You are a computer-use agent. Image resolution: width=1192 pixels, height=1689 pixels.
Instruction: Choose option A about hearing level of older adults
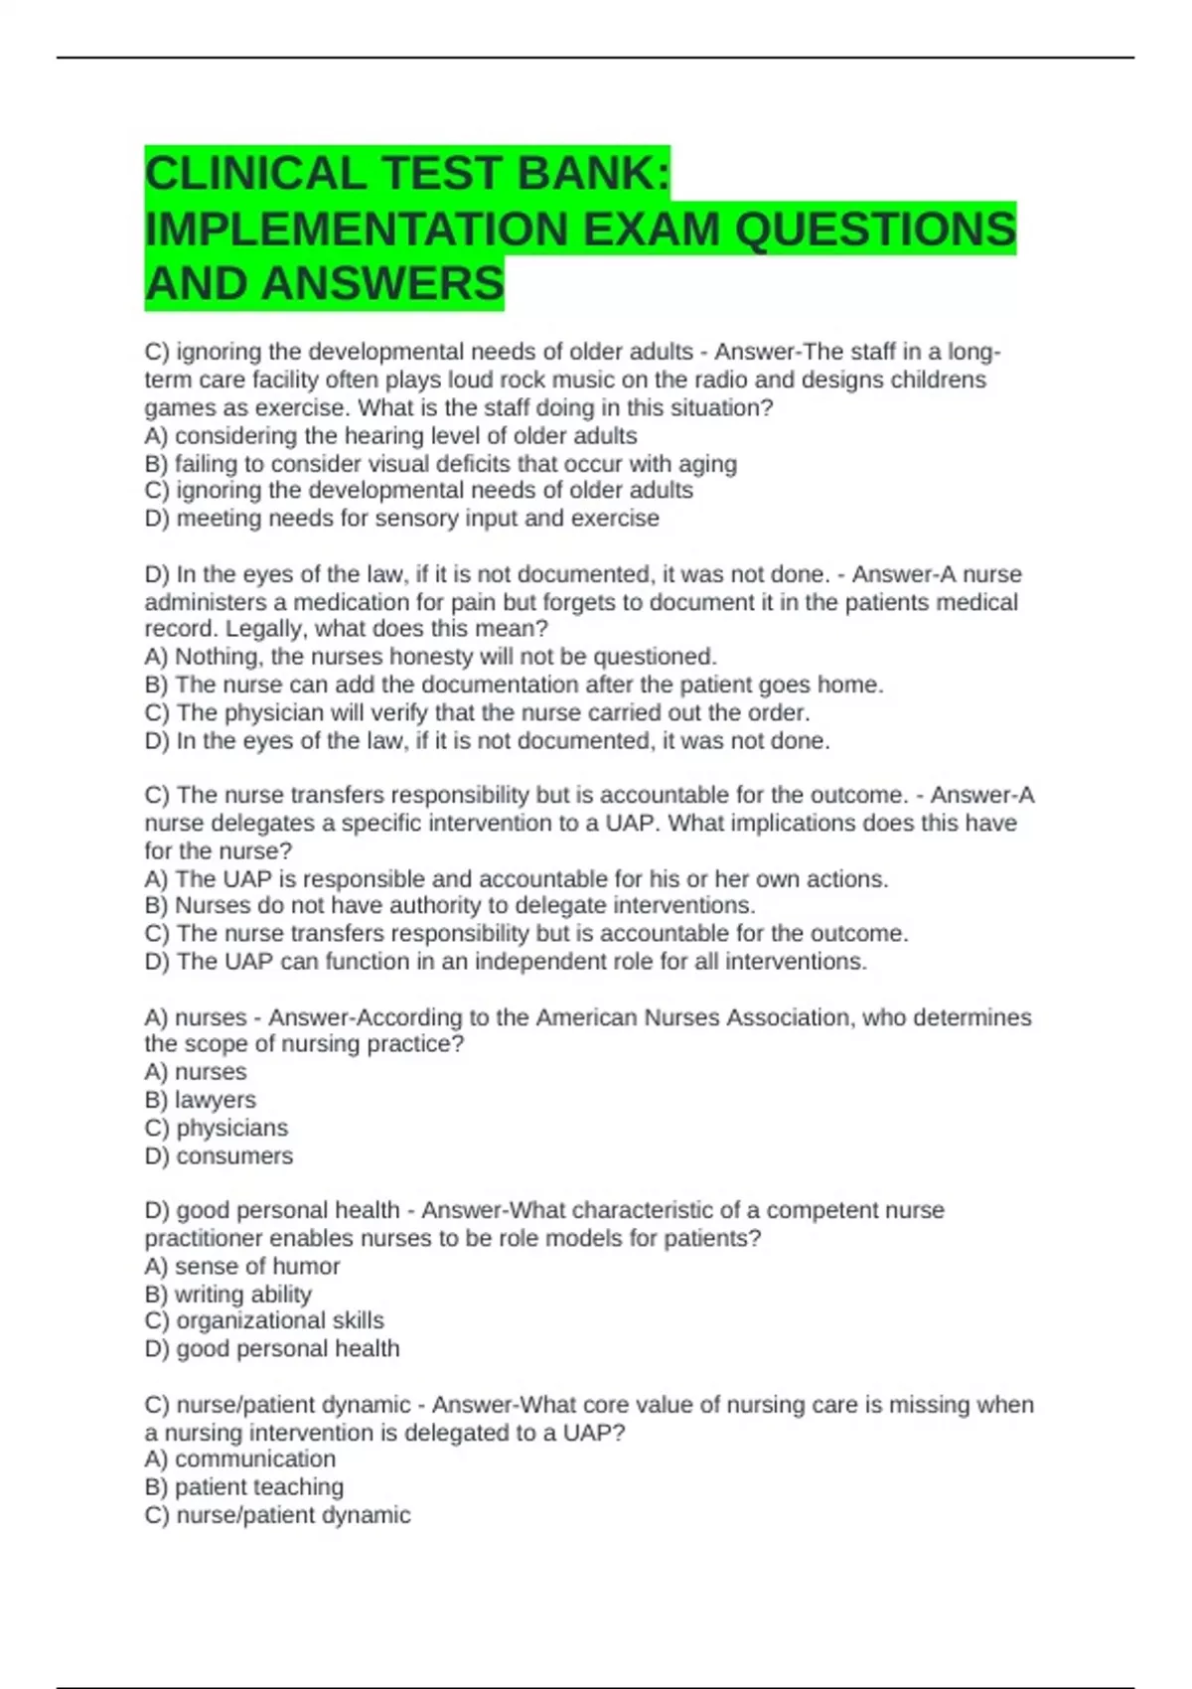(x=390, y=435)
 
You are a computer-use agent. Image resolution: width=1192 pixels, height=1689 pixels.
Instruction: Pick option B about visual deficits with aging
(x=440, y=463)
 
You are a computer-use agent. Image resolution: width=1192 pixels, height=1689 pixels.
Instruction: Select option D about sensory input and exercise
(x=401, y=518)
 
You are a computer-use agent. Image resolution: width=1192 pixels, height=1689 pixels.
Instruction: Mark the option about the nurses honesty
(x=430, y=657)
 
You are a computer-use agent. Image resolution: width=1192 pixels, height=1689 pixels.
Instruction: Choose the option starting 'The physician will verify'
(x=477, y=712)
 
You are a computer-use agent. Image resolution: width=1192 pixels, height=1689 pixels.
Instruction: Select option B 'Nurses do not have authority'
(x=450, y=905)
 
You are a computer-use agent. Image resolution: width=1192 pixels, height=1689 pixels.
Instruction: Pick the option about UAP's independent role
(x=506, y=961)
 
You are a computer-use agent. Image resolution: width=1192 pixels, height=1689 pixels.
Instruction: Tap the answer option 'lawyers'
(x=200, y=1100)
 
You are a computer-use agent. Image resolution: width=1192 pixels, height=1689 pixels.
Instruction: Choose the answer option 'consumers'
(x=219, y=1155)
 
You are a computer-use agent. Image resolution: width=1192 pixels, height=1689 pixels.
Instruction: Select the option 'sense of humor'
(x=241, y=1266)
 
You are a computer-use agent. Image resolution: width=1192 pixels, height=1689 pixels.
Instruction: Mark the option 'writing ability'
(x=227, y=1294)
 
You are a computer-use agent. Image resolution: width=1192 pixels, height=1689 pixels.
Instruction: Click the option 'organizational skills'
(x=264, y=1320)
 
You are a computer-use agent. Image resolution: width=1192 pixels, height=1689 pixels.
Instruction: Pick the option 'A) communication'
(x=239, y=1459)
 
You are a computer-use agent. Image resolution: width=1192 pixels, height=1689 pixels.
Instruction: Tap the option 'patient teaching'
(x=243, y=1486)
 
